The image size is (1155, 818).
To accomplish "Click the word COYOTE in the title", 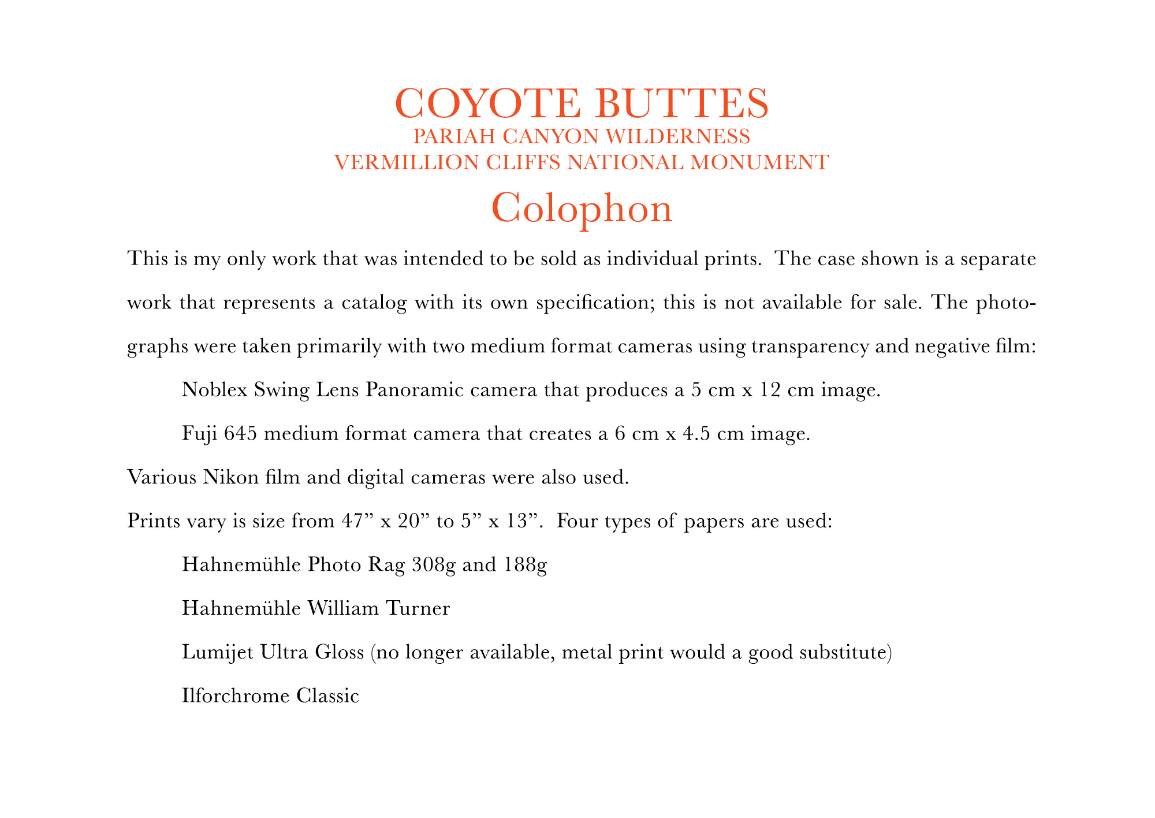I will (x=489, y=103).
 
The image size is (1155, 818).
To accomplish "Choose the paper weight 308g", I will (x=434, y=564).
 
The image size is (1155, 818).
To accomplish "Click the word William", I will (x=344, y=608).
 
